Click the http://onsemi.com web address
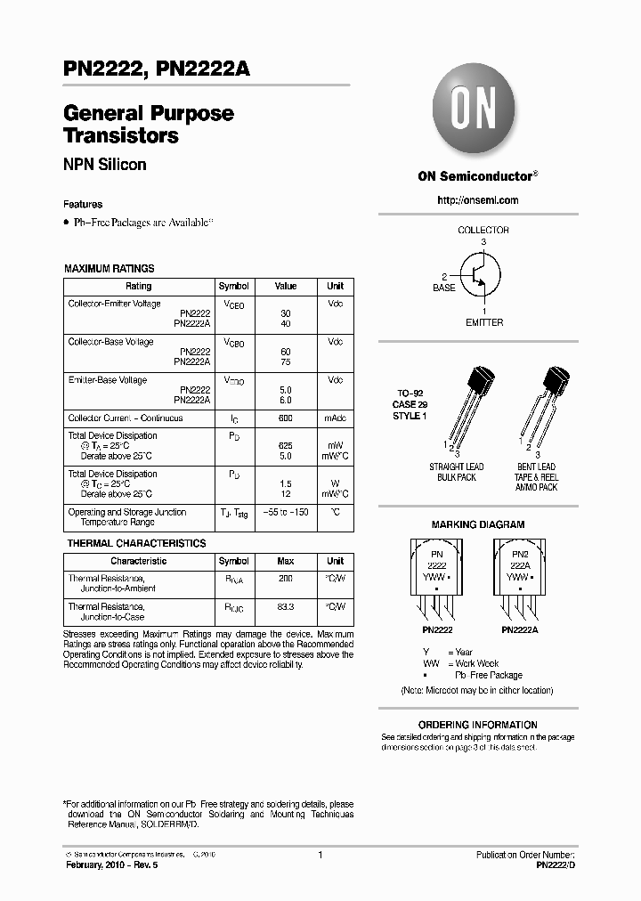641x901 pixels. tap(477, 200)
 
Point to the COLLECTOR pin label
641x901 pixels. tap(483, 230)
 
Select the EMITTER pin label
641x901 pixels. tap(484, 322)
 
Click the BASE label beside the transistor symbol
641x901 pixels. tap(443, 288)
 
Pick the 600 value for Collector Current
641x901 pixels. tap(286, 418)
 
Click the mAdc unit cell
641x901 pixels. tap(335, 418)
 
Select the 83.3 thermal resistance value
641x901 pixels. tap(286, 606)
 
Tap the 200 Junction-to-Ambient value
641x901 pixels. tap(286, 578)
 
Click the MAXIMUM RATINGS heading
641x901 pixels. tap(109, 268)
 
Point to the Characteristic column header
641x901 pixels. tap(138, 561)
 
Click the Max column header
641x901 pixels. tap(286, 561)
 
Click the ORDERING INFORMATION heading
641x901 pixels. tap(478, 725)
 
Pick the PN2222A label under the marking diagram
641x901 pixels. tap(519, 629)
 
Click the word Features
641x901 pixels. tap(83, 204)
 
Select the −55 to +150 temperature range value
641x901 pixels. tap(286, 512)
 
